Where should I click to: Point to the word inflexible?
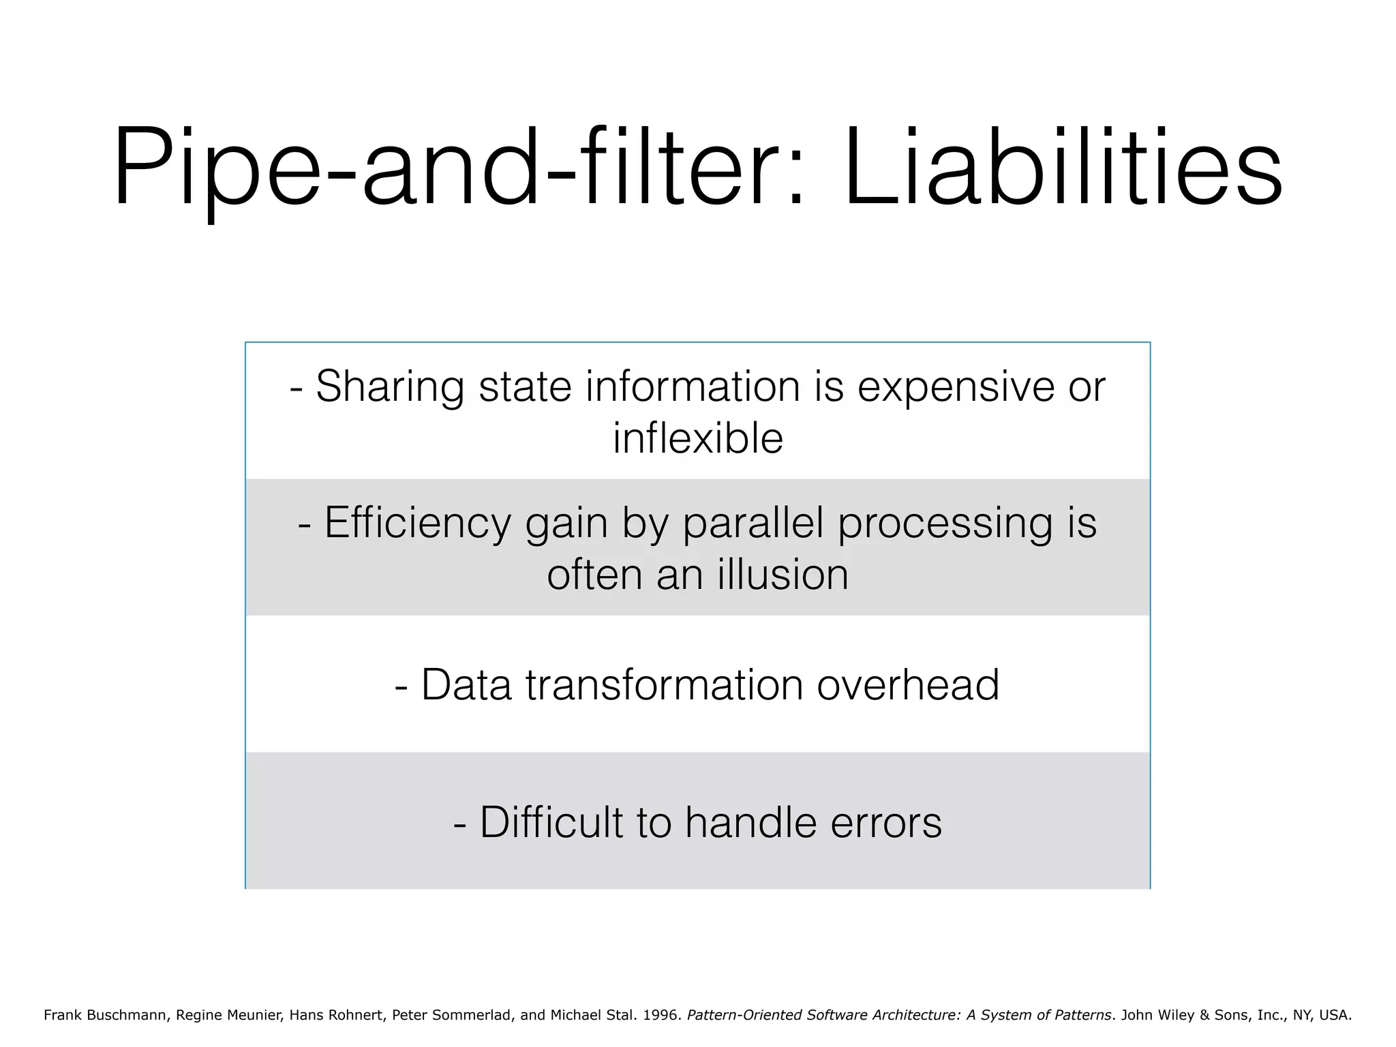[697, 438]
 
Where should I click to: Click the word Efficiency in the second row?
[417, 523]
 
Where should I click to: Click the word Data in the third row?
[466, 684]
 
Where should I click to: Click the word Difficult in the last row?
[551, 822]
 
